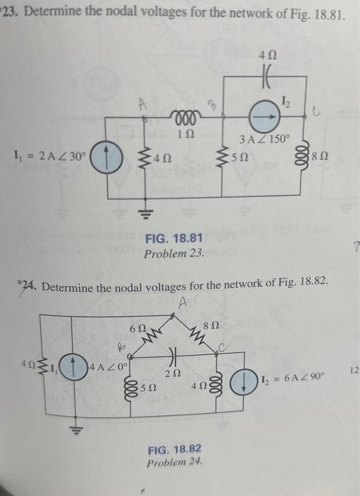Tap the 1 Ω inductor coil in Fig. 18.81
(x=186, y=115)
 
